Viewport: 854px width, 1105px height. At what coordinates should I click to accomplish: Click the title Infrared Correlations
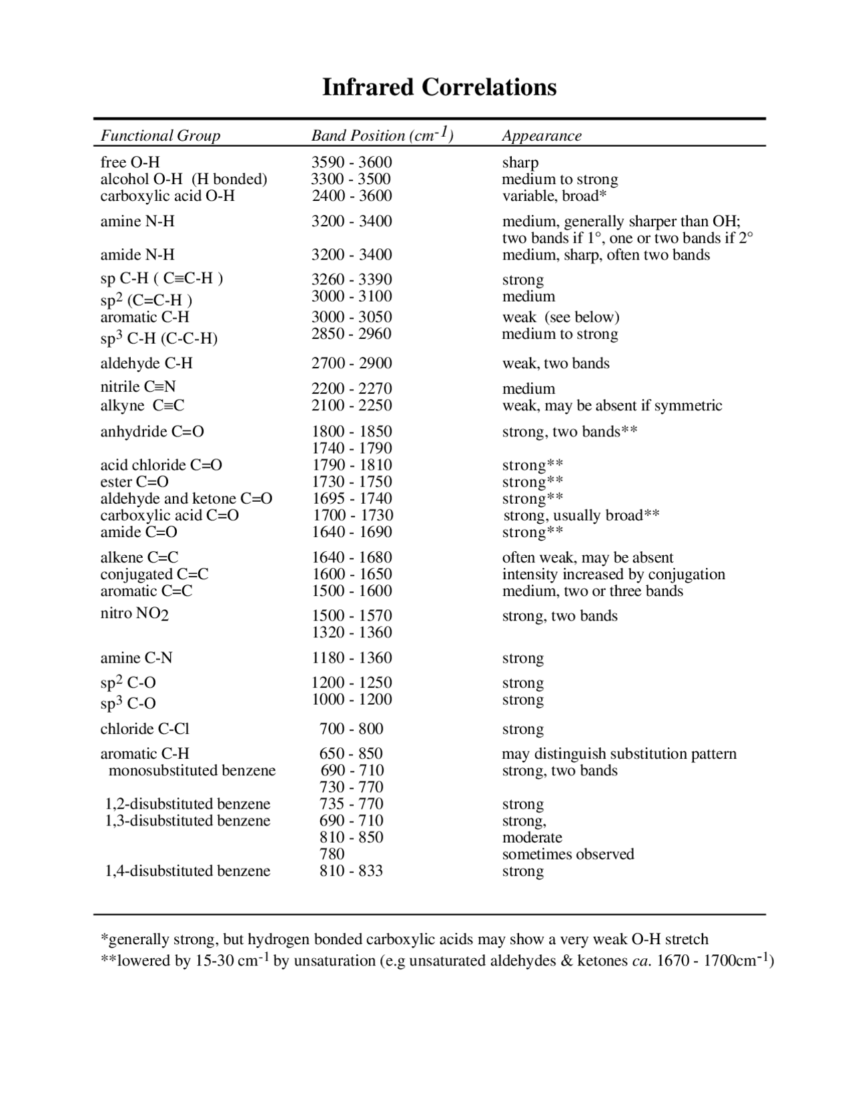pos(439,87)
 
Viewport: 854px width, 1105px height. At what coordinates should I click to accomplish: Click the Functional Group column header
pos(160,135)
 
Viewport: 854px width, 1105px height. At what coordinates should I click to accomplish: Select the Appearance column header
pos(541,135)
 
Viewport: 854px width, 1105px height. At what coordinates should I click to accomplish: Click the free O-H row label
pos(130,162)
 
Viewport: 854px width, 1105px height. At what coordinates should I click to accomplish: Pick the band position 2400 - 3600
pos(352,196)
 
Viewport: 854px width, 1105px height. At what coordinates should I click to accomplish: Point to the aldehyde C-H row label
pos(146,363)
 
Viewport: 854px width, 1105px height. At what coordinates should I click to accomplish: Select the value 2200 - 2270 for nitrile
pos(352,388)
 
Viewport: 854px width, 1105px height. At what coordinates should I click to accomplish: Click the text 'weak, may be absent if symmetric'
pos(612,405)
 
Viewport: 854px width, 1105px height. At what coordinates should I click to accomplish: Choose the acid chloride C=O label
pos(161,464)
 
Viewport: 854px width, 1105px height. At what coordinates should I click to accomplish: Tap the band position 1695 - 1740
pos(352,498)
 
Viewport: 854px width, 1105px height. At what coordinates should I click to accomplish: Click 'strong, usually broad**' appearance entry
pos(581,515)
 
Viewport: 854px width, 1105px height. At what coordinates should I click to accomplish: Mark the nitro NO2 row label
pos(134,614)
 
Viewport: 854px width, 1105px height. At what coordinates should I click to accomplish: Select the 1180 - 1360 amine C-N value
pos(352,658)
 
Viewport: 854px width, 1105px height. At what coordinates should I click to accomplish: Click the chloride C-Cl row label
pos(145,729)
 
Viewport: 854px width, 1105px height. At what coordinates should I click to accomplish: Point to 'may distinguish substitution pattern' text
pos(618,753)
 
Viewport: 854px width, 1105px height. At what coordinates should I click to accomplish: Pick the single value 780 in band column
pos(332,854)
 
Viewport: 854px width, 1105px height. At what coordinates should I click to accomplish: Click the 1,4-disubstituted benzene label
pos(187,871)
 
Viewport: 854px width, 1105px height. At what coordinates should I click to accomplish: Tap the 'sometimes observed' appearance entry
pos(568,854)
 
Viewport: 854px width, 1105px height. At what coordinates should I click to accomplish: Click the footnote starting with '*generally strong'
pos(404,940)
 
